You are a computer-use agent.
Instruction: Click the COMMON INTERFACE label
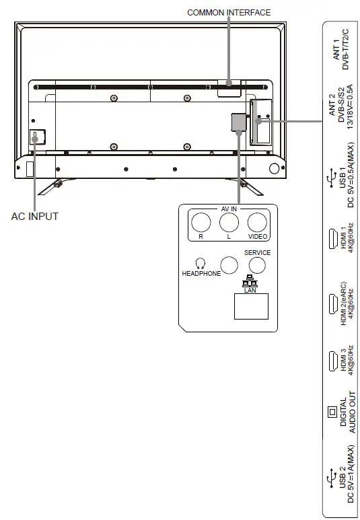tap(229, 13)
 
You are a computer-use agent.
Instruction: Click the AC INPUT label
tap(35, 216)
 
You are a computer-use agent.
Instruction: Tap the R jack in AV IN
tap(201, 222)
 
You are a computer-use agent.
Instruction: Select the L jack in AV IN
tap(229, 222)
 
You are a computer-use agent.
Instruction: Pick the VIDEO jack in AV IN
tap(257, 222)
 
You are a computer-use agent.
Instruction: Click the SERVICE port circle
tap(257, 265)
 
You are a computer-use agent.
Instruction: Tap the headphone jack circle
tap(229, 265)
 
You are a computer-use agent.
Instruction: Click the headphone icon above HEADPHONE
tap(201, 264)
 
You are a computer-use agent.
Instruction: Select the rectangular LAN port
tap(251, 307)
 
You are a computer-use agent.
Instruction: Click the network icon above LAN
tap(250, 281)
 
